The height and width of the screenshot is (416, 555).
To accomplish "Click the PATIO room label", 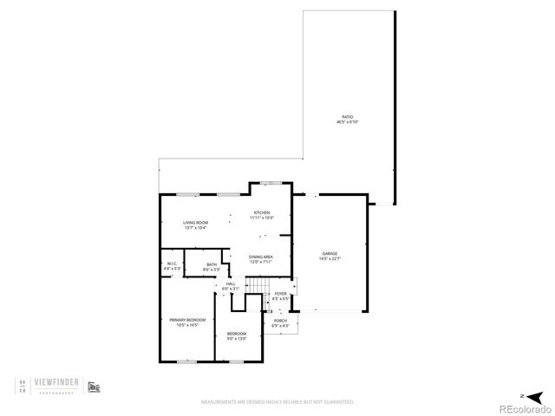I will click(347, 117).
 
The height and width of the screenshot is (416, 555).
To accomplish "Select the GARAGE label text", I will click(330, 253).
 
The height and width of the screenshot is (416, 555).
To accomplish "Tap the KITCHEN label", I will click(261, 212).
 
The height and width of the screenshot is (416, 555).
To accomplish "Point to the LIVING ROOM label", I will click(195, 223).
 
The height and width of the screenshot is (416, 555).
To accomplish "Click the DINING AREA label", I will click(261, 257).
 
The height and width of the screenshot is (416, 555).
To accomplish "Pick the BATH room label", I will click(212, 266).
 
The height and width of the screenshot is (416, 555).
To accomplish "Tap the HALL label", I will click(231, 283).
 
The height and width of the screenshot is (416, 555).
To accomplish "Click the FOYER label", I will click(280, 294).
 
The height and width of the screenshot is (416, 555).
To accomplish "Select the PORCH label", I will click(280, 321).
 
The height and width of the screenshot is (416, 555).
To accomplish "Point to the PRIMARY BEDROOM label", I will click(187, 321).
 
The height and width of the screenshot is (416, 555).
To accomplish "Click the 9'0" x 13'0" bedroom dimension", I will click(237, 339).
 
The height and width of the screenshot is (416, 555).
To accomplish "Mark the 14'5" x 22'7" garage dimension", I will click(330, 258).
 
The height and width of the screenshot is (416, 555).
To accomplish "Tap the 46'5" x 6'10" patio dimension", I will click(347, 122).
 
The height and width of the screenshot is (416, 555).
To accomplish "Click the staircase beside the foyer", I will click(258, 287).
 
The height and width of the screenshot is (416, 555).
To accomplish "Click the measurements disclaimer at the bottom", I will click(277, 402).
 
